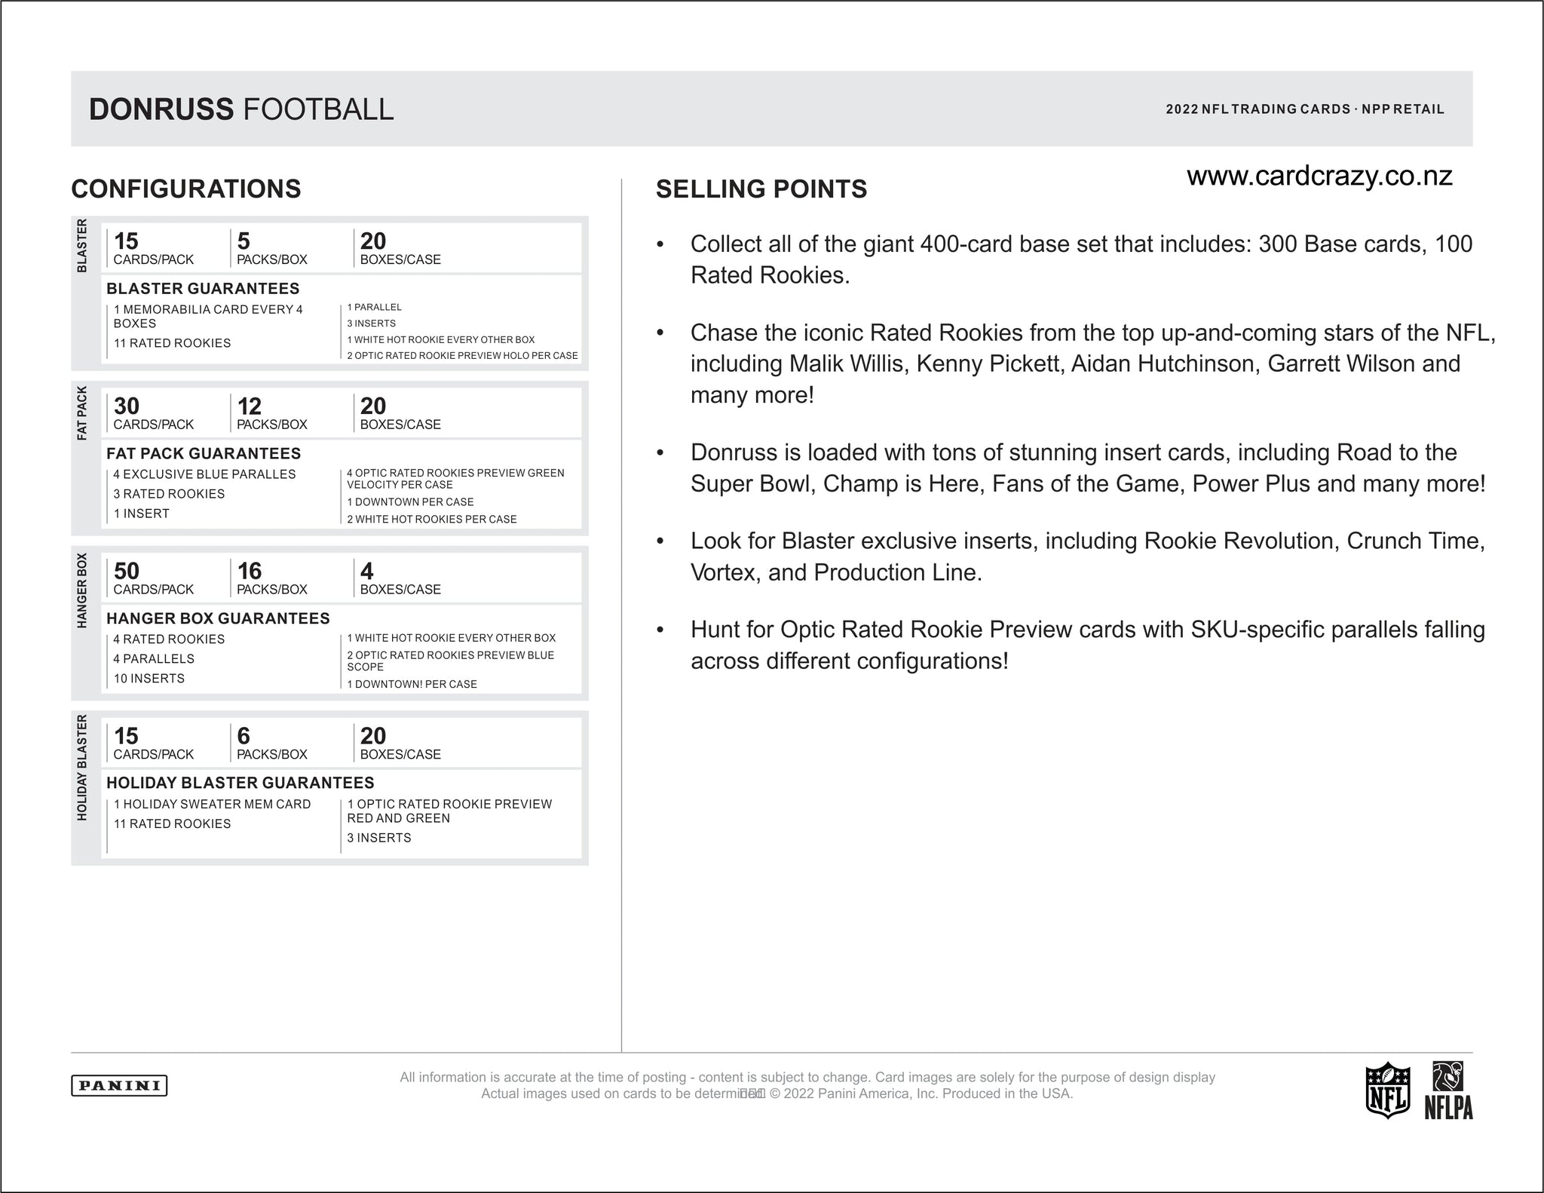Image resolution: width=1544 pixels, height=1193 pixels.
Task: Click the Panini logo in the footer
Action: pos(119,1085)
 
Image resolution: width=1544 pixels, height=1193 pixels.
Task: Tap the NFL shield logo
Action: pos(1387,1090)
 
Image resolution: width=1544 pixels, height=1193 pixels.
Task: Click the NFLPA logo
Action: pos(1448,1090)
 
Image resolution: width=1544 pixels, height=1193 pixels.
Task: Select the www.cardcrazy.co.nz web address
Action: pos(1319,176)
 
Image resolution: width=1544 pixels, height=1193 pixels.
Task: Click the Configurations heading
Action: pos(186,189)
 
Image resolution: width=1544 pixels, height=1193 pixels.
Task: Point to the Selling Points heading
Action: pos(761,189)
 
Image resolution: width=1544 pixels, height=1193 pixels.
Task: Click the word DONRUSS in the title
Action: pos(161,109)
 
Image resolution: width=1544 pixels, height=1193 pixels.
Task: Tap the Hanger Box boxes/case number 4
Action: pos(366,571)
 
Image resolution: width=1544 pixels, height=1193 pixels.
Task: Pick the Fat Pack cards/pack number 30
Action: pos(127,406)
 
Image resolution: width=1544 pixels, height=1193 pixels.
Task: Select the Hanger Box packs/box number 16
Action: pos(250,571)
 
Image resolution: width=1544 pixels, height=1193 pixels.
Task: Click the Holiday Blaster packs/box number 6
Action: pos(244,735)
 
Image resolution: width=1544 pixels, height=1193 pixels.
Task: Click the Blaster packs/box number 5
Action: pos(244,241)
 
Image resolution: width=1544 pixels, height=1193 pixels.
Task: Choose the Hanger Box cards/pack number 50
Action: pos(127,571)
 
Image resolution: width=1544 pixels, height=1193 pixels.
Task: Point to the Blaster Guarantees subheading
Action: pos(203,288)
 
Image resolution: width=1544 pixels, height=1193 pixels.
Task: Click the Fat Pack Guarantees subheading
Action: pos(204,453)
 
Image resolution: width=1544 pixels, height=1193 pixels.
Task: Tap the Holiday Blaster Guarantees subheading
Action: pos(240,783)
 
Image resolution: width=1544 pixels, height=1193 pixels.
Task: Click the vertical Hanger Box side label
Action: pos(82,590)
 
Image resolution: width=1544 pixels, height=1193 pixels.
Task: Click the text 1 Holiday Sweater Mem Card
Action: pos(212,804)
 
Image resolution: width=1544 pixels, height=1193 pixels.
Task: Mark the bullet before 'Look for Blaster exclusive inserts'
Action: pos(660,541)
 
